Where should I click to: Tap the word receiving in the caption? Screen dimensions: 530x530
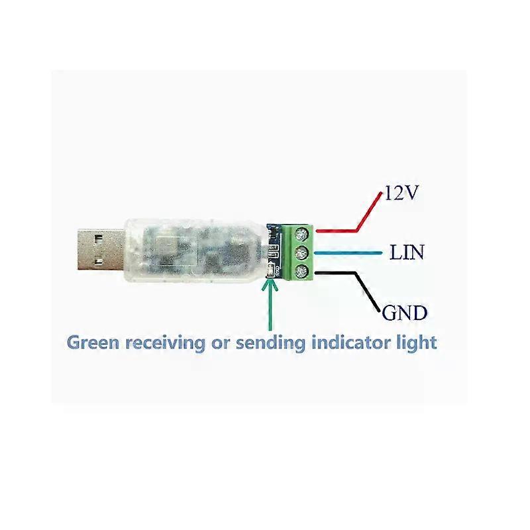click(166, 343)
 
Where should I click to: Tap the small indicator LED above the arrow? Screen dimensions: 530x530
click(270, 270)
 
